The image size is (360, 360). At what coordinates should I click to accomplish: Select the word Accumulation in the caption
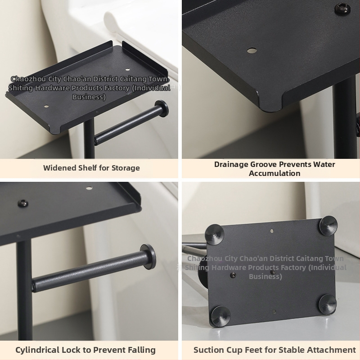click(x=274, y=173)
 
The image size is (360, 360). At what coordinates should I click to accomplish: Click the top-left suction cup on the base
click(x=214, y=234)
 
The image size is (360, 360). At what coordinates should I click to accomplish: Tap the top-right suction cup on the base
click(x=328, y=225)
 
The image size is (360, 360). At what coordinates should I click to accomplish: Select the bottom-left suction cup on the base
click(x=220, y=316)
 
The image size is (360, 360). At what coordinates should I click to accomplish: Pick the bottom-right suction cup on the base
click(x=328, y=304)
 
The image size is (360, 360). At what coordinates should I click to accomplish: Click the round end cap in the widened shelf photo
click(x=162, y=108)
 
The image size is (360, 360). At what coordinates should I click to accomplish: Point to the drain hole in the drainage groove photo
click(x=252, y=50)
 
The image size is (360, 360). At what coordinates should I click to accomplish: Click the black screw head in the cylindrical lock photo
click(x=23, y=203)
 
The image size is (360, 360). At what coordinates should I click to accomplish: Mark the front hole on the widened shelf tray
click(x=46, y=106)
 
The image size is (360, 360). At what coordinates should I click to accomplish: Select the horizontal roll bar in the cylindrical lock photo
click(x=90, y=272)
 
